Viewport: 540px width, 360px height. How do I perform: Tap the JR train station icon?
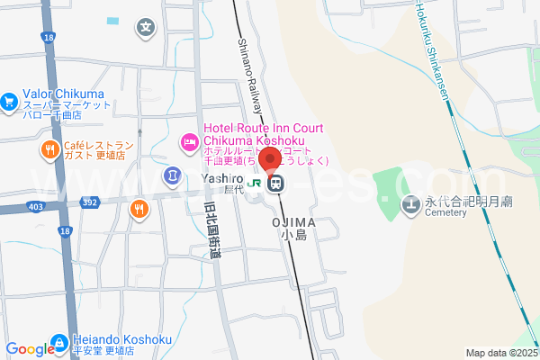274,183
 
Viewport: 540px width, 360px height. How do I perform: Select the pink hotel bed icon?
189,140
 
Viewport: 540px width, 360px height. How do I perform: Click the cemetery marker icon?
411,204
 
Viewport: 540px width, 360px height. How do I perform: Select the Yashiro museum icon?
172,174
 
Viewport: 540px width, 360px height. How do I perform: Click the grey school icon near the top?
145,27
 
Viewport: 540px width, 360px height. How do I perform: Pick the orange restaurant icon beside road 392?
139,211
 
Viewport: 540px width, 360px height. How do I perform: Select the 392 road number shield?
91,203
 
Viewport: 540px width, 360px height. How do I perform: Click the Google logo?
29,349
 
